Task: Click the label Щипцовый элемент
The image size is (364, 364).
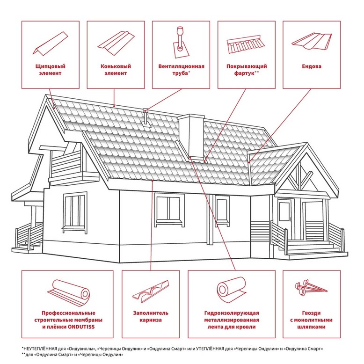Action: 51,70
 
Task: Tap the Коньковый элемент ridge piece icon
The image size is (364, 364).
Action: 116,43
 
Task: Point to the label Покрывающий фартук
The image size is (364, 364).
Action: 247,70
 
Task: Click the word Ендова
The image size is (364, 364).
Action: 312,66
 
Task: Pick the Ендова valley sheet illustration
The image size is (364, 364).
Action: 312,41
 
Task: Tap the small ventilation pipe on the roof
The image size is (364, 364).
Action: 146,118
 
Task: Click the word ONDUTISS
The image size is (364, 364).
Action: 81,327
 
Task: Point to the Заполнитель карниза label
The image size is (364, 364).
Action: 151,316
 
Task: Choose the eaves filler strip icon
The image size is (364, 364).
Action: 151,291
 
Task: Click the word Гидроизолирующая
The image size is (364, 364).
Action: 232,313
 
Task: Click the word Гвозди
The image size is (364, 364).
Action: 312,313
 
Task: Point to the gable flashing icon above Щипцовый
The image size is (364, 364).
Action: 50,44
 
